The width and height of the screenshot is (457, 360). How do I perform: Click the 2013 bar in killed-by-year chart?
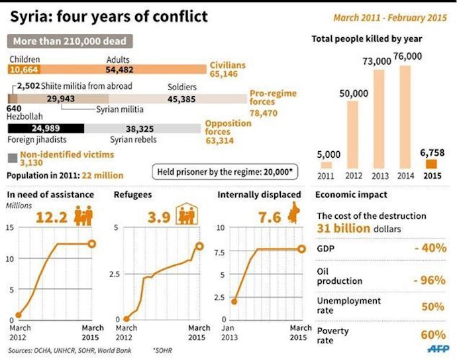(379, 119)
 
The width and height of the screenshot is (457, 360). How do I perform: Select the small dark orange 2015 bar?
(431, 164)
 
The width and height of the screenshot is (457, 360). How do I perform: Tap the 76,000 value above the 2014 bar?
(408, 56)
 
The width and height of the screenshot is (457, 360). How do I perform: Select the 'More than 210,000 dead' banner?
(70, 41)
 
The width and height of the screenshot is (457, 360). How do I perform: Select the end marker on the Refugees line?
(199, 246)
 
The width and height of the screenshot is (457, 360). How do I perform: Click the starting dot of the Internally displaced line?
(234, 300)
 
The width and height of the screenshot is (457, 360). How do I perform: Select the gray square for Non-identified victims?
(13, 157)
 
